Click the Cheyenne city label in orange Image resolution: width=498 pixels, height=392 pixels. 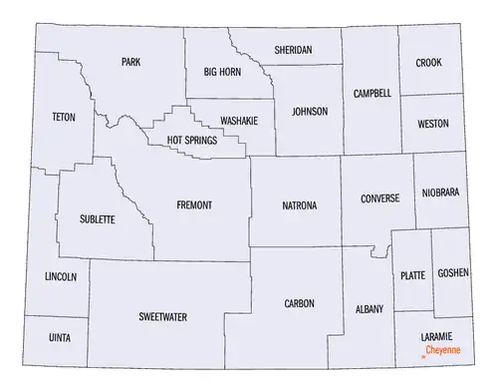(x=444, y=352)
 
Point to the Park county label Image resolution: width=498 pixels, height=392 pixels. (x=130, y=62)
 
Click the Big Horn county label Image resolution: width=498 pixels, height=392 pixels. (x=223, y=72)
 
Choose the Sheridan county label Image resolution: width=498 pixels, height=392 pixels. (x=293, y=49)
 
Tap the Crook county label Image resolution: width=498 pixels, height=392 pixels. (x=429, y=63)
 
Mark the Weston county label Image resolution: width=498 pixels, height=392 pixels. (x=432, y=124)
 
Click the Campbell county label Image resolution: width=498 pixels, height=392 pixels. (x=372, y=93)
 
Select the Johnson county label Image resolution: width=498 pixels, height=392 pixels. (x=309, y=111)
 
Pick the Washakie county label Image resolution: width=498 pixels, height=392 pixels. (x=239, y=119)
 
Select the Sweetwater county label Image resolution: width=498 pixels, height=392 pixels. (x=163, y=317)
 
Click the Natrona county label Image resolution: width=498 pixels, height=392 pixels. (x=300, y=205)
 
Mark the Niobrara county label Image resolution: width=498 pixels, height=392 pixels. (x=439, y=192)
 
